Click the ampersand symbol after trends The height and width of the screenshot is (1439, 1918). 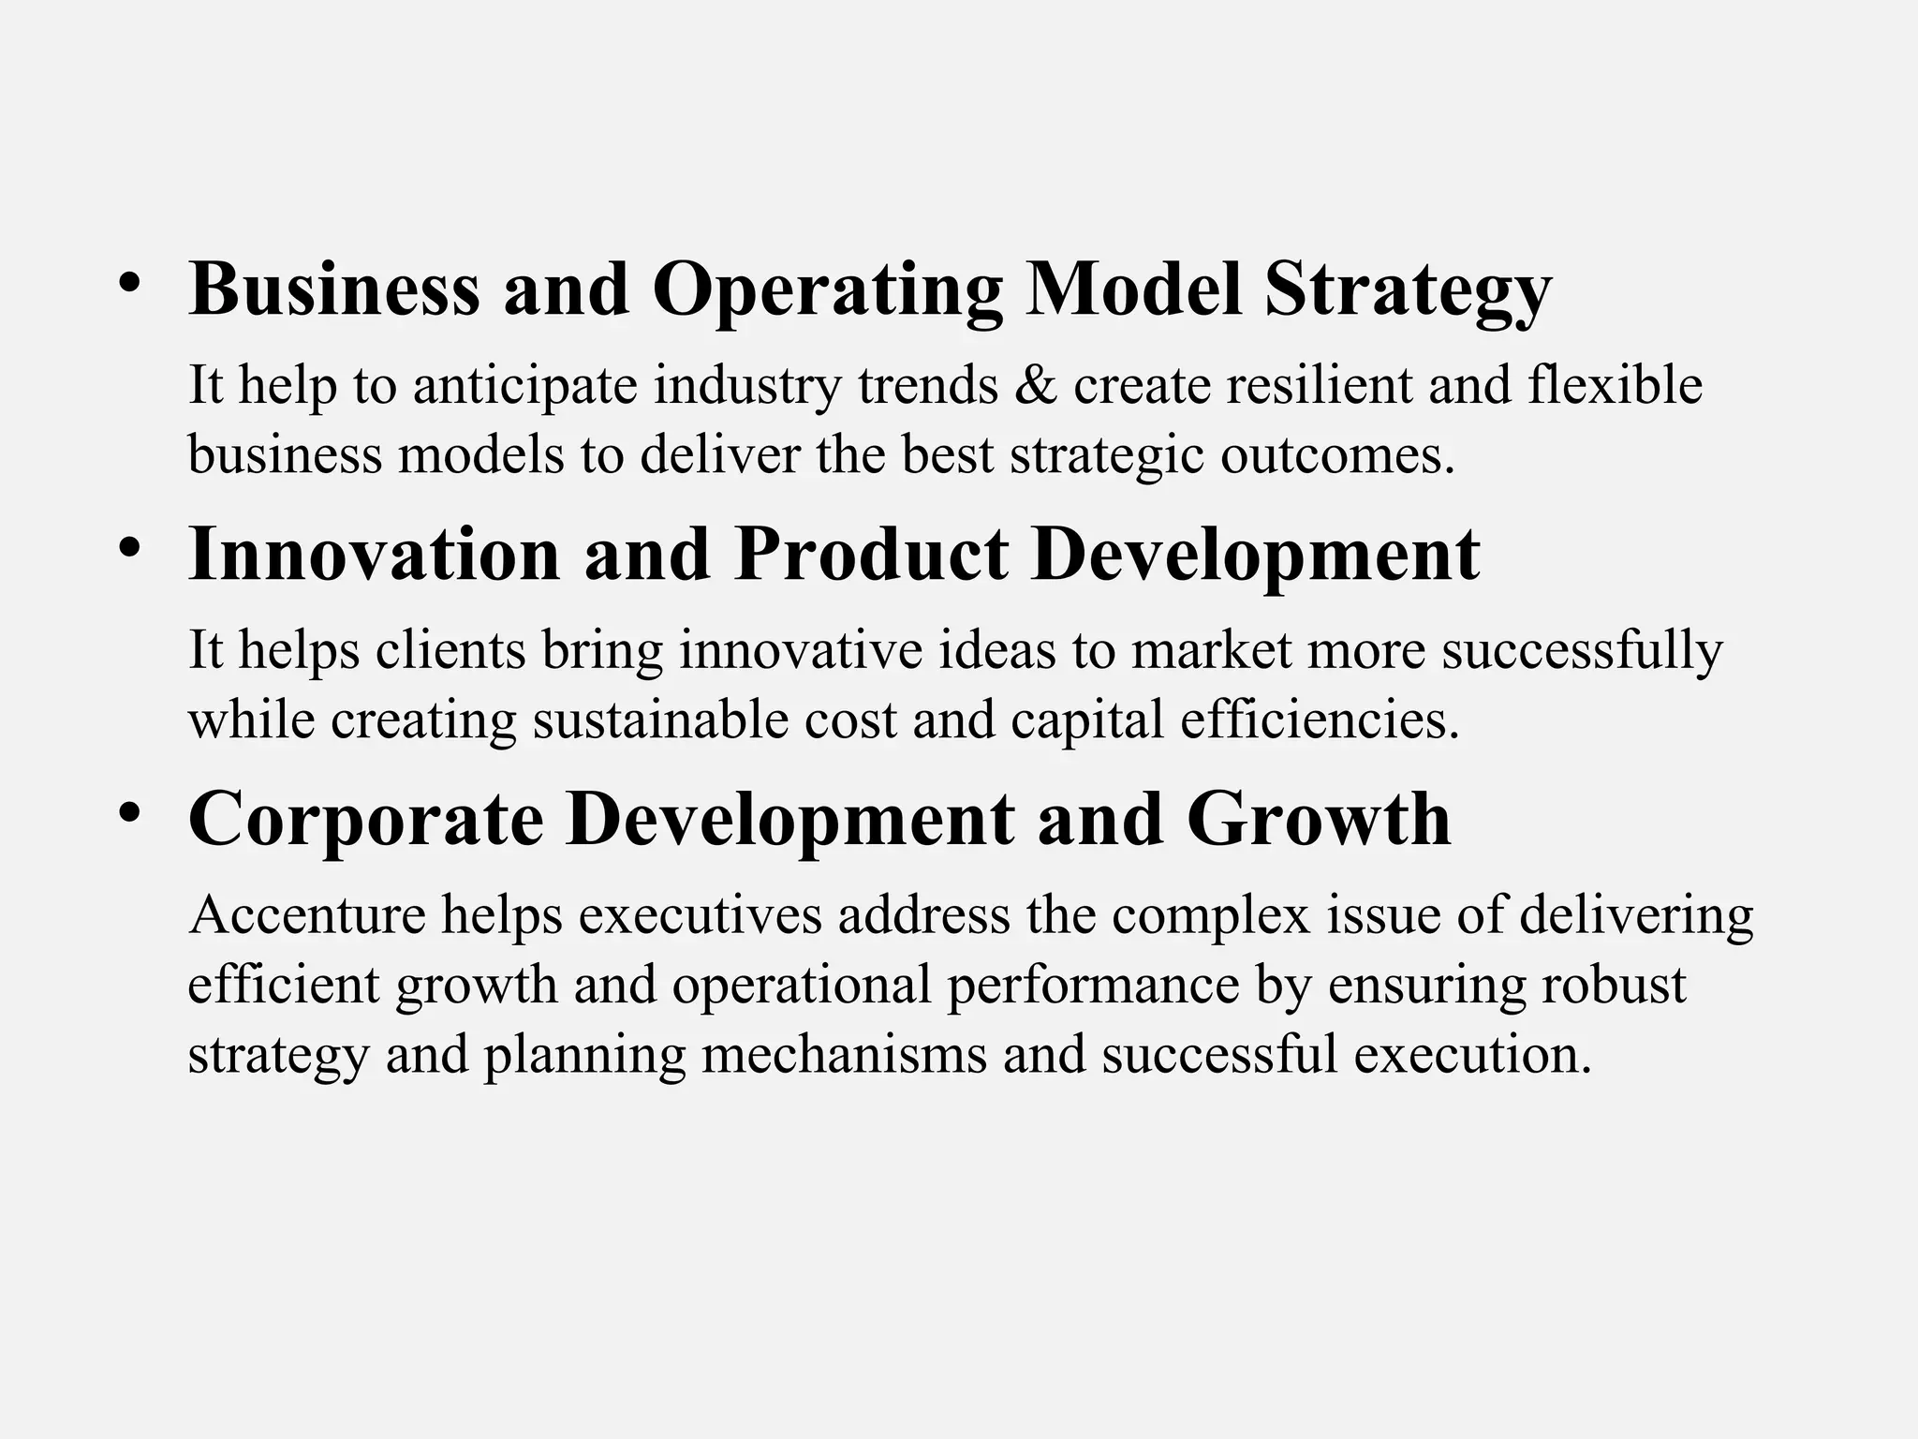point(1035,386)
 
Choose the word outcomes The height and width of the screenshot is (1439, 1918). point(1337,455)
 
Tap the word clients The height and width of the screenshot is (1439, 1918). point(450,650)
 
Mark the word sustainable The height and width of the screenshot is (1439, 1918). point(660,720)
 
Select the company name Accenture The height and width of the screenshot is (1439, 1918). point(307,915)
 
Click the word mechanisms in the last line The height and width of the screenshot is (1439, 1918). point(844,1055)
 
